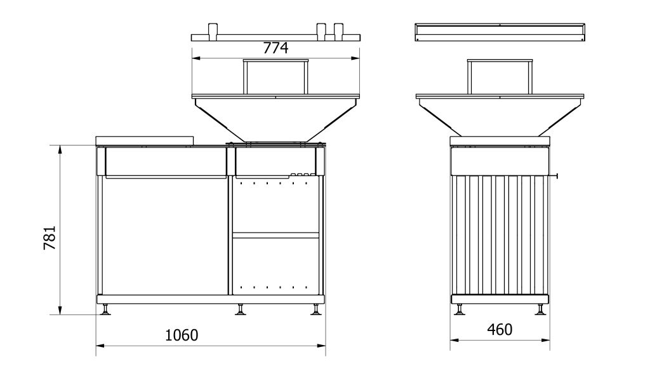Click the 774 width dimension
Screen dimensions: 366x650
[x=276, y=48]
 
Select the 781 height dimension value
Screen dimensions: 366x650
[x=50, y=238]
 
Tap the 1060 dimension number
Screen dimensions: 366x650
[x=181, y=335]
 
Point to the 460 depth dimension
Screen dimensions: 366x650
[x=500, y=330]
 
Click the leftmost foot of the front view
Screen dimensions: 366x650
[x=106, y=309]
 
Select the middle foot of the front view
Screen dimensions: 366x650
[x=241, y=309]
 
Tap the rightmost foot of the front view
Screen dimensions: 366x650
[x=315, y=309]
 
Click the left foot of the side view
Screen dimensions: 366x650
[x=459, y=309]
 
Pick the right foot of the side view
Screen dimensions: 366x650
[x=540, y=309]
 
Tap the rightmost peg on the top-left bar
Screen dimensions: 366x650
[x=338, y=31]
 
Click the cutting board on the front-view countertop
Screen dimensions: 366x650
[x=144, y=140]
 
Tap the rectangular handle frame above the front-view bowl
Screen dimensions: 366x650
[x=276, y=76]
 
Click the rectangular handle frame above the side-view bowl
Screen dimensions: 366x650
[x=499, y=76]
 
